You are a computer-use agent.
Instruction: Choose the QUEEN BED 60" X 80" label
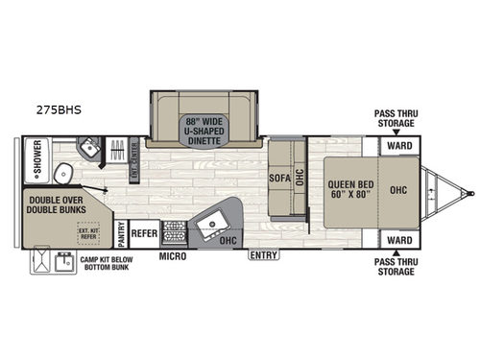tap(350, 189)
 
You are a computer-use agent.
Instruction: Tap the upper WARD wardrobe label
tap(399, 146)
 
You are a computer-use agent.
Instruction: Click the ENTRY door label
tap(263, 254)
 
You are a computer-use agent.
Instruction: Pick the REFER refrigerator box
tap(144, 232)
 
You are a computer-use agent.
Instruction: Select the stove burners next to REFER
tap(174, 231)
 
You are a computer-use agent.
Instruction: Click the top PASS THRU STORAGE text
tap(396, 117)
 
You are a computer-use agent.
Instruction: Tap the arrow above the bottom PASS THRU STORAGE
tap(396, 253)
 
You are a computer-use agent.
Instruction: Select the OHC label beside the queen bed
tap(399, 189)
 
